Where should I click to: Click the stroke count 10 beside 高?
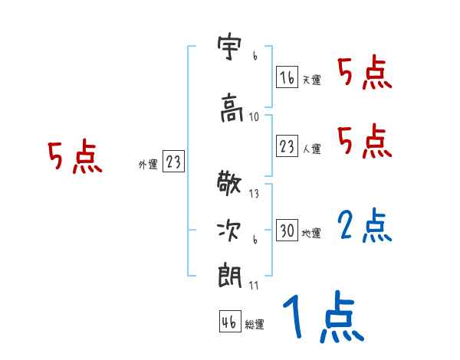pyautogui.click(x=255, y=117)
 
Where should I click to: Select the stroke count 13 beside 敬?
pyautogui.click(x=255, y=194)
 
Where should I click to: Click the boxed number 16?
pyautogui.click(x=287, y=77)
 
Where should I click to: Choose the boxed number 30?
pyautogui.click(x=287, y=231)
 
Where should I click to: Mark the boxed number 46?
pyautogui.click(x=229, y=322)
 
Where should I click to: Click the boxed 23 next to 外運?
pyautogui.click(x=173, y=162)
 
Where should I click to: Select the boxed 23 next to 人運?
pyautogui.click(x=287, y=146)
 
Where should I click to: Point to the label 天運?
pyautogui.click(x=311, y=80)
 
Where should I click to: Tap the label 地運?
pyautogui.click(x=311, y=233)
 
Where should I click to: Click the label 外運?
pyautogui.click(x=147, y=164)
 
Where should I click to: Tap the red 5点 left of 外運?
pyautogui.click(x=74, y=158)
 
